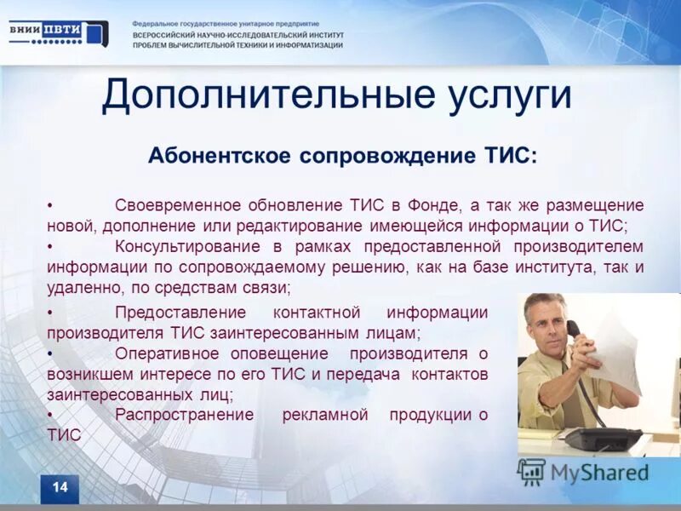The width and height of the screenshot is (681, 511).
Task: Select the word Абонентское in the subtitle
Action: click(219, 156)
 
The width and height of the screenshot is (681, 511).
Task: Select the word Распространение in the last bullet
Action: click(185, 415)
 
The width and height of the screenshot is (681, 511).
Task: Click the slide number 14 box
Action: click(60, 488)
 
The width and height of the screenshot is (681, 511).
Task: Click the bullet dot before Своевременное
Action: click(50, 207)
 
